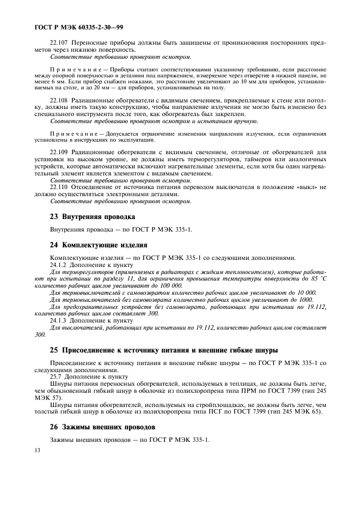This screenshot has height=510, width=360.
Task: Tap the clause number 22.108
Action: coord(59,101)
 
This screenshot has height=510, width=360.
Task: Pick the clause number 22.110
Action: coord(59,187)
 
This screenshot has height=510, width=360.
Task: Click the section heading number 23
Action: coord(54,216)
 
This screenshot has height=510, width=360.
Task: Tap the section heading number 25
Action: coord(54,349)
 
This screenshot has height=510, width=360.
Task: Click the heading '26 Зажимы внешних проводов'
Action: coord(103,426)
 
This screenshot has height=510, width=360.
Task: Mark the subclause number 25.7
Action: coord(56,377)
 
